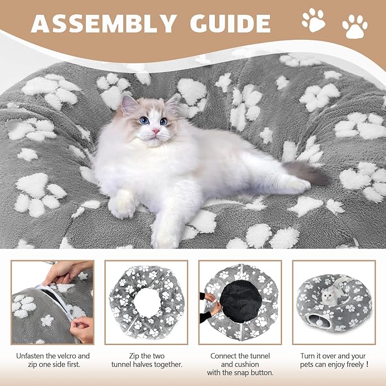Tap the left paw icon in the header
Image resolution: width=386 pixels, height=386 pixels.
pyautogui.click(x=313, y=20)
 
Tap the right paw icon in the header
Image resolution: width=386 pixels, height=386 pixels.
pyautogui.click(x=355, y=27)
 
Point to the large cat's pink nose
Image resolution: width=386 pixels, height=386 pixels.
pyautogui.click(x=155, y=130)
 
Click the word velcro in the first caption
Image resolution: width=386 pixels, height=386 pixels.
pyautogui.click(x=72, y=356)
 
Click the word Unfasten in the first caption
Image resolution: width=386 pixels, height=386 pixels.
pyautogui.click(x=30, y=356)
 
